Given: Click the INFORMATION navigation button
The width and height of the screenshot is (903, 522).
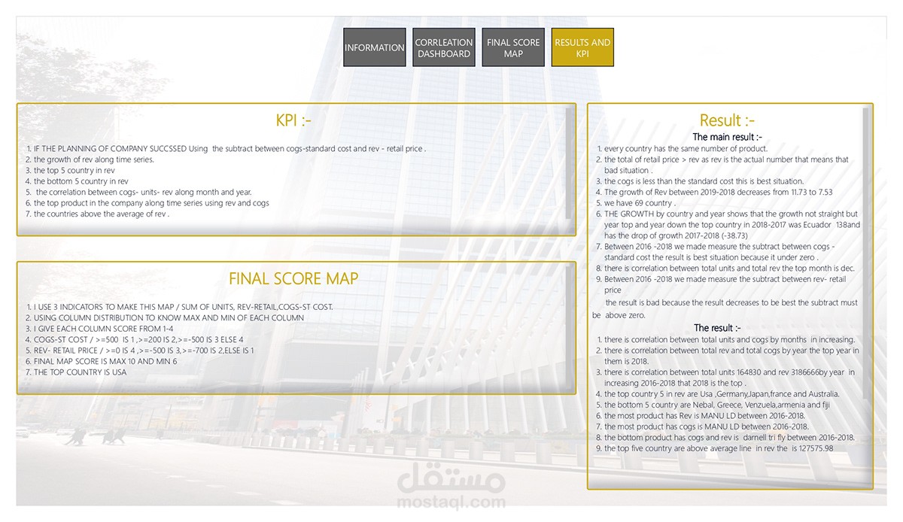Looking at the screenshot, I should point(374,47).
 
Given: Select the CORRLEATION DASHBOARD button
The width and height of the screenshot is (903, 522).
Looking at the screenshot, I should point(444,47).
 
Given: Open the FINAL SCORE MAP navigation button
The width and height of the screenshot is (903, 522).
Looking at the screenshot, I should point(513,47).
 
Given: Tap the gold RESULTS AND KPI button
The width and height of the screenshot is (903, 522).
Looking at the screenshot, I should point(582,47).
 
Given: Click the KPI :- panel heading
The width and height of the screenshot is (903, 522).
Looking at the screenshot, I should point(293,121).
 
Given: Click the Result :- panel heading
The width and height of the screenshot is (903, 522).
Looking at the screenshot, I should point(727,120).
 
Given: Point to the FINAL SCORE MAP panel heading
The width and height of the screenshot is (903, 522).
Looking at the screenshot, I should point(293,278).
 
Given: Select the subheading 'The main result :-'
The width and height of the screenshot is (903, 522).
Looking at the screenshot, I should point(727,137).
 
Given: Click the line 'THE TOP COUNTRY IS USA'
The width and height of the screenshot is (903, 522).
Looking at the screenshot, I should point(81,372).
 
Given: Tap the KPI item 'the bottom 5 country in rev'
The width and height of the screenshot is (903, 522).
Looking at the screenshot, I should point(81,181).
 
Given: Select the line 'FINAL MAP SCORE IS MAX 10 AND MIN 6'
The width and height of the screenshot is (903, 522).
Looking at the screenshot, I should point(105,361).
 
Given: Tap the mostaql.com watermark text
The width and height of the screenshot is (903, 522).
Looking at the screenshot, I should point(451,502).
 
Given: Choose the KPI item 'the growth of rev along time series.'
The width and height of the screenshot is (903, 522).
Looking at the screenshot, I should point(94,159).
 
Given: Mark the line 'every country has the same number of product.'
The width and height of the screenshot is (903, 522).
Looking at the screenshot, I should point(686,149).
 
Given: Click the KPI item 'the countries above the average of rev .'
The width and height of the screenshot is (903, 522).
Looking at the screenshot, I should point(102,214).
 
